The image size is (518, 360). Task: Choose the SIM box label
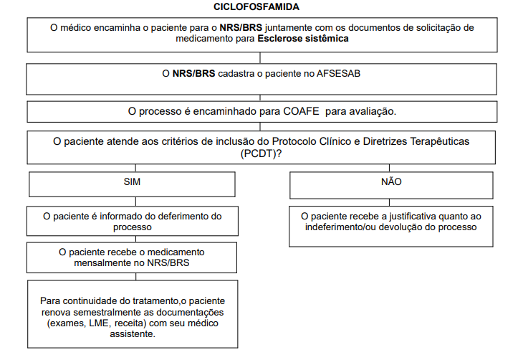point(132,182)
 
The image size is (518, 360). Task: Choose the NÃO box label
point(390,182)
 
